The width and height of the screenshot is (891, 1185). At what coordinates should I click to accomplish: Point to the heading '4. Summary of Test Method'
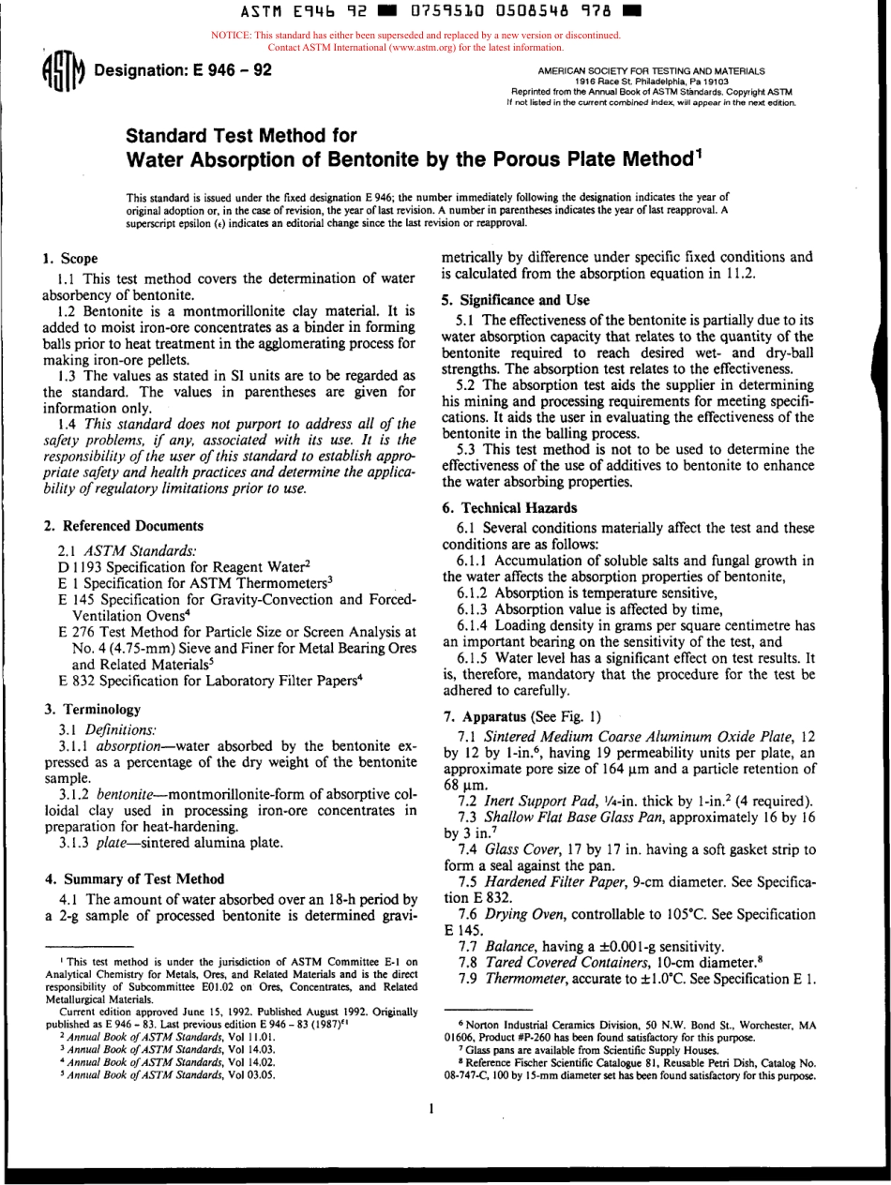pos(134,878)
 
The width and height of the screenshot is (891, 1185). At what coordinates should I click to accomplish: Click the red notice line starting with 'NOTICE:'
pos(415,36)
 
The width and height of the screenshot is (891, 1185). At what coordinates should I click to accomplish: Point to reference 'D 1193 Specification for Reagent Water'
pos(184,566)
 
